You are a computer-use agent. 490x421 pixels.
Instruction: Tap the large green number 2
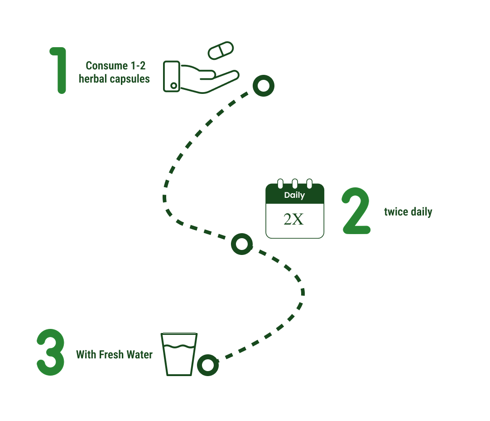[x=356, y=211]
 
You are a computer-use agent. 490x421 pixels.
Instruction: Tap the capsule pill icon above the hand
[x=221, y=50]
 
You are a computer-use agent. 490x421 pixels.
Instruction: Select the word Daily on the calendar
[x=294, y=196]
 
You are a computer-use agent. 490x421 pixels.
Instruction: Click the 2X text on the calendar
[x=293, y=220]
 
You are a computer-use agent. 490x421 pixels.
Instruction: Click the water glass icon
[x=179, y=354]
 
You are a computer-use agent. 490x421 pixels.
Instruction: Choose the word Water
[x=139, y=355]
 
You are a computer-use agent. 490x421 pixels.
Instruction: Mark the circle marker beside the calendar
[x=242, y=244]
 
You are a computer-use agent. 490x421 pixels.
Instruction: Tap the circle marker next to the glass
[x=208, y=365]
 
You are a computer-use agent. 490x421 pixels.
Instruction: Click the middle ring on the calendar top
[x=295, y=184]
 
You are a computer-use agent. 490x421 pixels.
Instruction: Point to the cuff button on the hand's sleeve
[x=173, y=85]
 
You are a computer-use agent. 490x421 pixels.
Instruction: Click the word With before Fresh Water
[x=86, y=355]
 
